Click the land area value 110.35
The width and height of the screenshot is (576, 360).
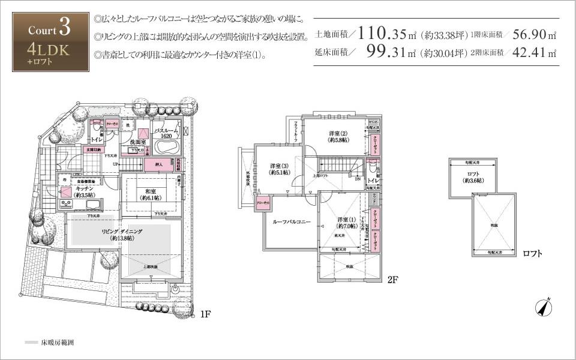tap(382, 34)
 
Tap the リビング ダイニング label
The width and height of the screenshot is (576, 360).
tap(122, 234)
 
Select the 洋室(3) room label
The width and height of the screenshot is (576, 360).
tap(279, 169)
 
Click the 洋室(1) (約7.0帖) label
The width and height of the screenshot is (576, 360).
tap(346, 223)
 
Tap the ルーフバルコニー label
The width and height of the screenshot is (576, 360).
tap(291, 222)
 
